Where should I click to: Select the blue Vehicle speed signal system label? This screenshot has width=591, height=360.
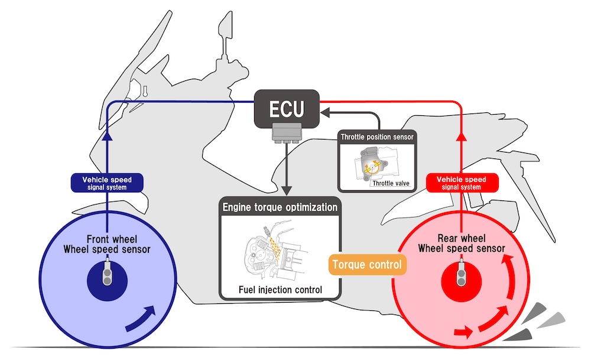click(x=107, y=182)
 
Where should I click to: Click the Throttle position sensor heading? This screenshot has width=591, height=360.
click(x=377, y=137)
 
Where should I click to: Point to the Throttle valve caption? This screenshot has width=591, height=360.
click(x=391, y=183)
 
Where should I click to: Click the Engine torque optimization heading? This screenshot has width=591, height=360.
click(x=280, y=207)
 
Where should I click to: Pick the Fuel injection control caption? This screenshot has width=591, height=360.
click(x=280, y=290)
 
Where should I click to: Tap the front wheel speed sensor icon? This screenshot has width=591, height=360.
click(x=108, y=278)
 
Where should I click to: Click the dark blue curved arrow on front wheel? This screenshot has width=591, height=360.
click(x=142, y=319)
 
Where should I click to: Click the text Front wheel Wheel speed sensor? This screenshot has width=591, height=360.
click(x=107, y=245)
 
